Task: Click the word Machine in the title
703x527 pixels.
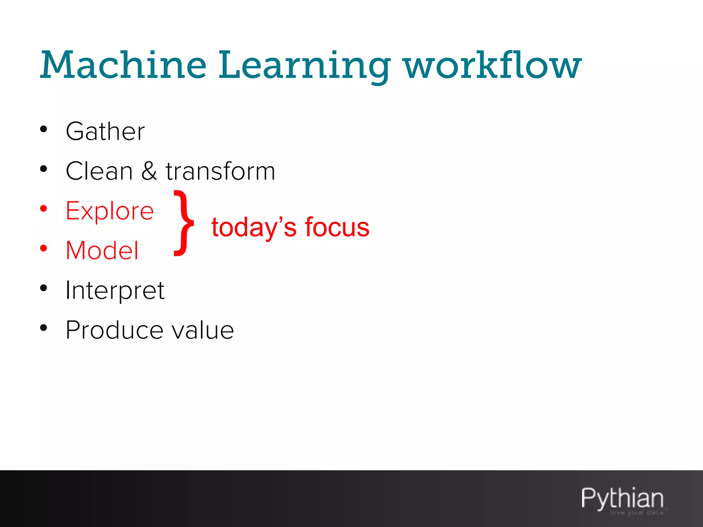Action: click(124, 65)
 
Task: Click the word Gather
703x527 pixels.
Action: click(105, 131)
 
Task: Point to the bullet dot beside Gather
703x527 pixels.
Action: click(44, 129)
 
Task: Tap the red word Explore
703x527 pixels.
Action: click(110, 211)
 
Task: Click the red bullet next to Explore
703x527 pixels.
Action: click(44, 209)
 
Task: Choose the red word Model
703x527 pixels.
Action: click(102, 250)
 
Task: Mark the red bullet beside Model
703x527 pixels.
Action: click(44, 248)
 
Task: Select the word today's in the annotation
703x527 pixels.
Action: click(254, 228)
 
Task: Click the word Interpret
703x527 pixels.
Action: click(115, 291)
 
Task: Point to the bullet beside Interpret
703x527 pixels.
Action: click(44, 288)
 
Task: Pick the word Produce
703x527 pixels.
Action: click(114, 330)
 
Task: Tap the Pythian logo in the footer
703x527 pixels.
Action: click(622, 499)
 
